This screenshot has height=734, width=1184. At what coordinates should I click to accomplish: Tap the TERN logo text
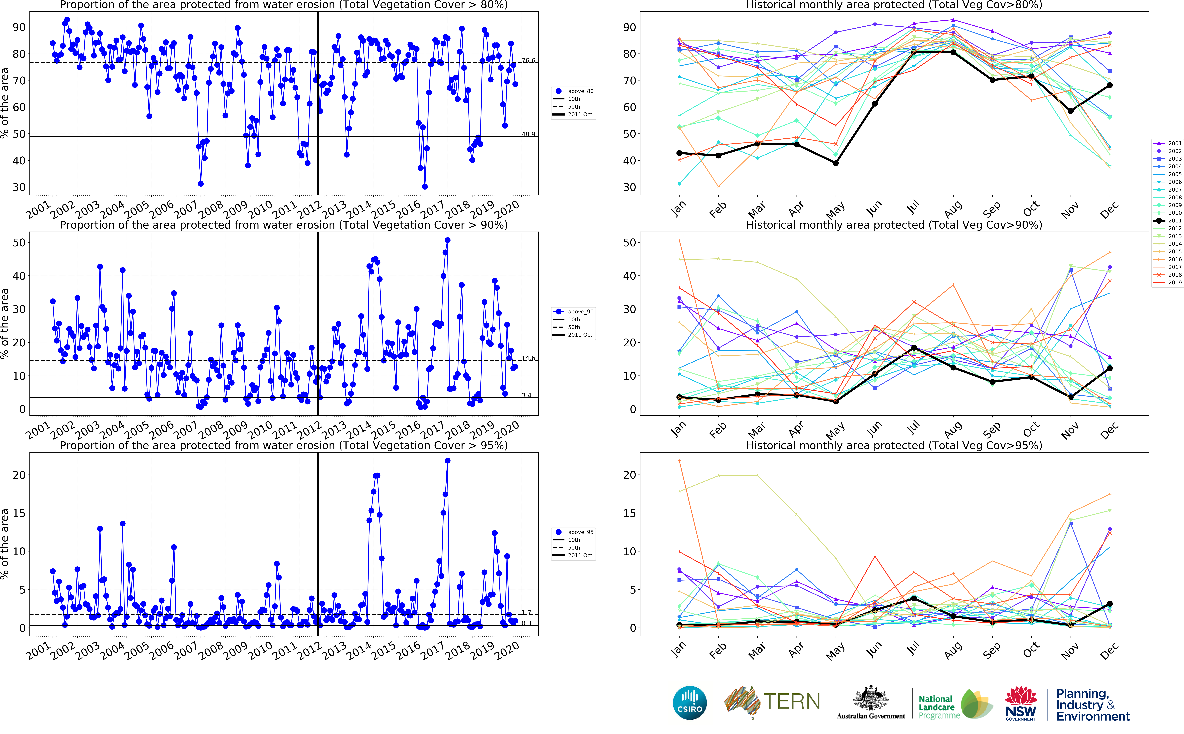click(x=792, y=701)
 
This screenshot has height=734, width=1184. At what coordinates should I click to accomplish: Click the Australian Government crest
click(x=871, y=699)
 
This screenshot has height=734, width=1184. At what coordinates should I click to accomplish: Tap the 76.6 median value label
click(x=528, y=61)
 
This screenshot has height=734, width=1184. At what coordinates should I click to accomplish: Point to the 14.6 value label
click(x=528, y=358)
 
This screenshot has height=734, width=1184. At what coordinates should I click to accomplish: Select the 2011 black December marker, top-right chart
click(x=1109, y=85)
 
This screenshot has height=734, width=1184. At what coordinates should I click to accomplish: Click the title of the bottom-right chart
click(x=894, y=445)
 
